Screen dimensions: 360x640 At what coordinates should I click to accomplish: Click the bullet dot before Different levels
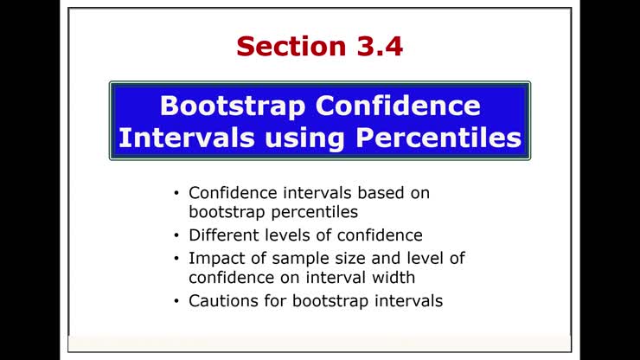(177, 235)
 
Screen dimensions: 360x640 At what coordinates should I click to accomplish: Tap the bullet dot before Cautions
(177, 301)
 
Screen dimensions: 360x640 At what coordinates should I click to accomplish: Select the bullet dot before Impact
(177, 258)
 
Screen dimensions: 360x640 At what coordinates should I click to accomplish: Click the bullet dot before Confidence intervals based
(177, 192)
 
